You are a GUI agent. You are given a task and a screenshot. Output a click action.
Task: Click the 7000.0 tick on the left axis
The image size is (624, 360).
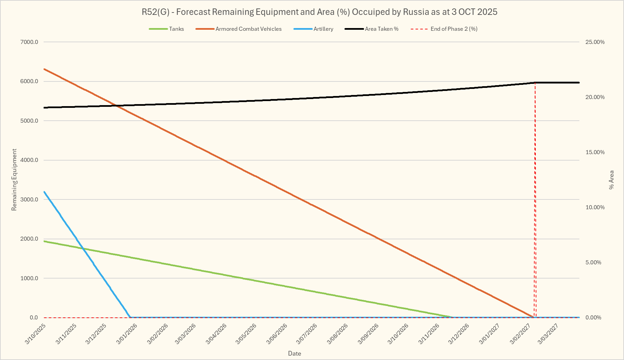pos(29,42)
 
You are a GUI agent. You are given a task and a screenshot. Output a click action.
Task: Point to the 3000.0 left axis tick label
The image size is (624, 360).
pos(29,199)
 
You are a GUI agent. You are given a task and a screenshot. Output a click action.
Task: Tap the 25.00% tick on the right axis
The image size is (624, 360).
pos(595,42)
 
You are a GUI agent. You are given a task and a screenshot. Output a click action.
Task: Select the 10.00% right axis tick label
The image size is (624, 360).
pos(595,207)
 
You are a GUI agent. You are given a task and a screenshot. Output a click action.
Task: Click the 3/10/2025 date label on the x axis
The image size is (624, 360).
pos(35,334)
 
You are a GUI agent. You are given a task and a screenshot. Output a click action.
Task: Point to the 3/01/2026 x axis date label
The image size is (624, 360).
pos(127,334)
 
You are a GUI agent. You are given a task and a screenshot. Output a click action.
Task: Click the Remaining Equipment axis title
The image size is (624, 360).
pos(14,180)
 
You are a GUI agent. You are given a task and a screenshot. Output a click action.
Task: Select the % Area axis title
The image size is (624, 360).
pos(611,180)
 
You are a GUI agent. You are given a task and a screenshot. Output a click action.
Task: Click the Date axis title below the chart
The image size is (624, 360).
pos(294,354)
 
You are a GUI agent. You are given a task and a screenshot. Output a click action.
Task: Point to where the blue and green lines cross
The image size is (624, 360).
pos(82,249)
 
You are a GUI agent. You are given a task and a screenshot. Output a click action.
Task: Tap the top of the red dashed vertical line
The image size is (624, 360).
pos(535,82)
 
